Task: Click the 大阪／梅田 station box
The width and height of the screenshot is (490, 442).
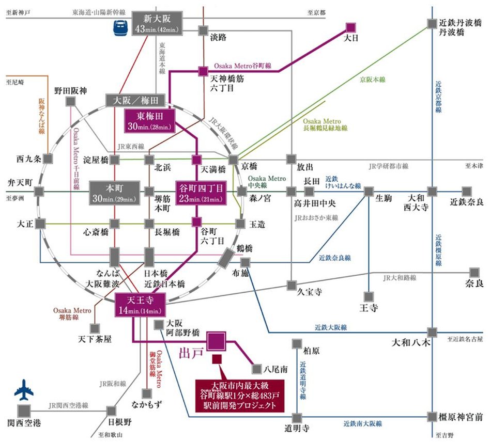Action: (x=135, y=101)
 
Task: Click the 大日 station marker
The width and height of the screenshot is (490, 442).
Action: (x=351, y=27)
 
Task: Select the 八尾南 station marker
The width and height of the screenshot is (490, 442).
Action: (x=257, y=369)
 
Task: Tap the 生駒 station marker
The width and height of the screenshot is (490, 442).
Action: (x=369, y=192)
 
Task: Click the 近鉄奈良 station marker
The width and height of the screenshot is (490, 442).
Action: (x=467, y=192)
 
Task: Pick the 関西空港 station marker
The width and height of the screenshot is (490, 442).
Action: (x=24, y=411)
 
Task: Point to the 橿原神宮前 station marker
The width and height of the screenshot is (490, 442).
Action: (x=433, y=416)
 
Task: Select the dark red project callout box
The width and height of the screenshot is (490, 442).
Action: (x=239, y=394)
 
